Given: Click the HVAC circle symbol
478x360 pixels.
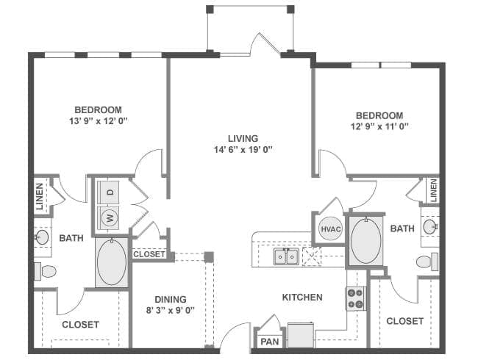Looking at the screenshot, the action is tap(331, 228).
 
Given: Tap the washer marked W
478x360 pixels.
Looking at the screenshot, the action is tap(109, 217).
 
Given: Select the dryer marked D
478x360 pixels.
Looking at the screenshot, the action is tap(109, 192).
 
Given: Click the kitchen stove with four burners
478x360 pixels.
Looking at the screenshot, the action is tap(356, 298).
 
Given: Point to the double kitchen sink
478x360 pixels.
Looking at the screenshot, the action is tap(286, 256).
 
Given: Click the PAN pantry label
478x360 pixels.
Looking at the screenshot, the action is tap(270, 342).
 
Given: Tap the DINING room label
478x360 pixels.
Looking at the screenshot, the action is tap(171, 300).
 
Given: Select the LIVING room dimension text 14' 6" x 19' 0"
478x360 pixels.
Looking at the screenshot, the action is tap(243, 150).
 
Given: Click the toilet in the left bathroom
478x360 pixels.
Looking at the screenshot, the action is tap(45, 271).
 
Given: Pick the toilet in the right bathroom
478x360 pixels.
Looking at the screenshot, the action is tap(427, 262).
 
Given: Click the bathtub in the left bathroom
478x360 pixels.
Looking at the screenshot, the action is tap(112, 262).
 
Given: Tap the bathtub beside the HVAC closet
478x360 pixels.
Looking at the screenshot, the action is tap(365, 240).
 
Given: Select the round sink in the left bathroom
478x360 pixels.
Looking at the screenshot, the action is tap(42, 237).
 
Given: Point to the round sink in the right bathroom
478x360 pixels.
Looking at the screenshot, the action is tap(430, 226).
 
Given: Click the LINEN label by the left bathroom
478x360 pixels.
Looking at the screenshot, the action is tap(40, 196).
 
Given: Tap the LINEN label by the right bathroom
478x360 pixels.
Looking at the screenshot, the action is tap(433, 191).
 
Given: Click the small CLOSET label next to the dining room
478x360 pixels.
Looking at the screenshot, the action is tap(149, 254).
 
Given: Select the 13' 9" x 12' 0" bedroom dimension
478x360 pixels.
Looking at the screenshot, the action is tap(98, 121).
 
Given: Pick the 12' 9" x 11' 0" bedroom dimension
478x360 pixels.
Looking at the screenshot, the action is tap(379, 126).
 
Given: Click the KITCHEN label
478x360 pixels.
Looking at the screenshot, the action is tap(302, 298).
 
